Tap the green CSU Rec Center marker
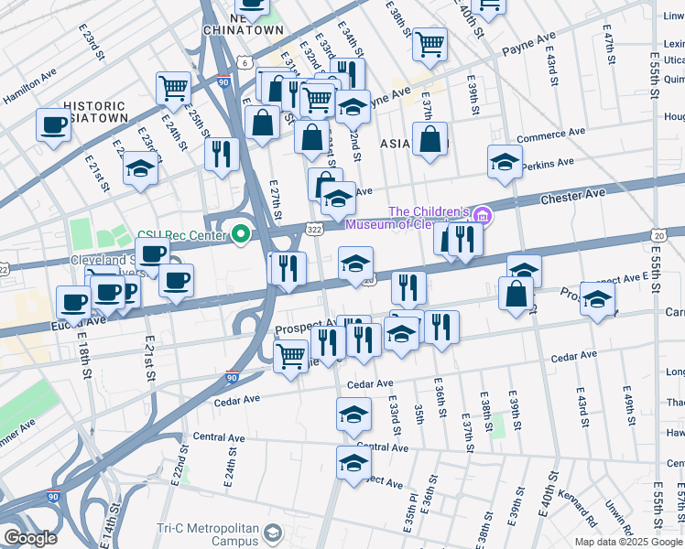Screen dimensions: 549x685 point(241,235)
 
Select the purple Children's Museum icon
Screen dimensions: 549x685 point(483,216)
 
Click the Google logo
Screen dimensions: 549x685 point(29,538)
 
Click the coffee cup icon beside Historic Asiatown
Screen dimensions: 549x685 point(54,124)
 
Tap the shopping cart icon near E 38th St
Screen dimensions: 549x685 point(429,43)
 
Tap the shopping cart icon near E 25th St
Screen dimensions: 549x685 point(172,88)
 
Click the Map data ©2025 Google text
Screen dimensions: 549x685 point(627,542)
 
